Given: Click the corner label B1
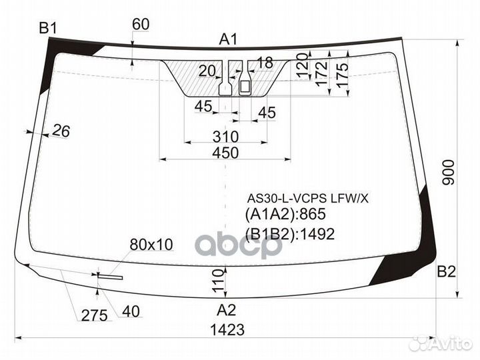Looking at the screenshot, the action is tap(48, 29).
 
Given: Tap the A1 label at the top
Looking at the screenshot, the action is tap(229, 39).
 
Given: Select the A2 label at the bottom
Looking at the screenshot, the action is tap(226, 310).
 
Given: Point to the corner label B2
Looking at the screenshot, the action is tap(446, 271).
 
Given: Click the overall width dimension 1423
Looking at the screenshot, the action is tap(227, 330).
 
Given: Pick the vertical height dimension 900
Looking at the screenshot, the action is tap(449, 173).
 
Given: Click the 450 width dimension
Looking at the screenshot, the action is tap(225, 153).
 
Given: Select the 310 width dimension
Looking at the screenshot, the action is tap(225, 137).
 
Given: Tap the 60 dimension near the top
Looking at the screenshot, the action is tap(141, 25).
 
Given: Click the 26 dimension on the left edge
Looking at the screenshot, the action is tap(61, 131).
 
